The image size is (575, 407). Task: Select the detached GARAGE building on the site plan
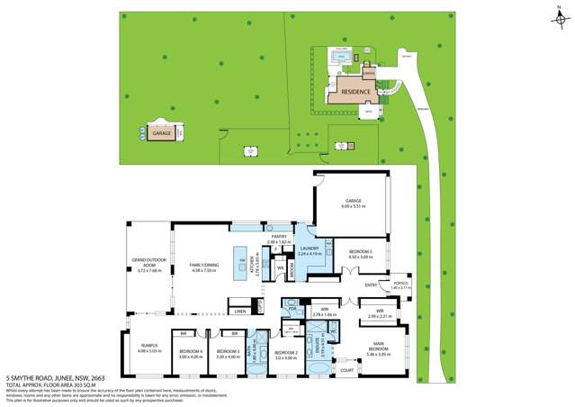(162, 132)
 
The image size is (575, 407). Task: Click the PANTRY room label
(279, 240)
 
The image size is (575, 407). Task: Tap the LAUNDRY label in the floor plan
(310, 251)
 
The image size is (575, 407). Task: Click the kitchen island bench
(241, 267)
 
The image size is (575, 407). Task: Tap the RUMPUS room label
(149, 348)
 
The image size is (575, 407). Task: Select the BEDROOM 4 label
(191, 353)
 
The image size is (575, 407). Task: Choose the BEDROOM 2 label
(285, 354)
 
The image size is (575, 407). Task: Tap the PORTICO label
(400, 285)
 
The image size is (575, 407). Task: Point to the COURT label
(346, 368)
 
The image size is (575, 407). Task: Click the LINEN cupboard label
(239, 311)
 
